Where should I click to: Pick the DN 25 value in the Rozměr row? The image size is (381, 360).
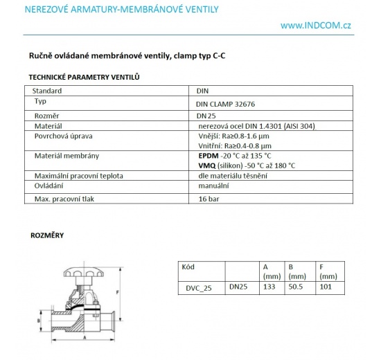coord(206,115)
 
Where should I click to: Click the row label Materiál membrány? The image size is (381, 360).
coord(67,156)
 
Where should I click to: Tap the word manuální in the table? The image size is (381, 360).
coord(213,186)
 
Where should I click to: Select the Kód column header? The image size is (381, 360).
coord(188,266)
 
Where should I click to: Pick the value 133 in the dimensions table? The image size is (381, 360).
coord(269,286)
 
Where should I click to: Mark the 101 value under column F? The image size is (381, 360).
coord(325,286)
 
